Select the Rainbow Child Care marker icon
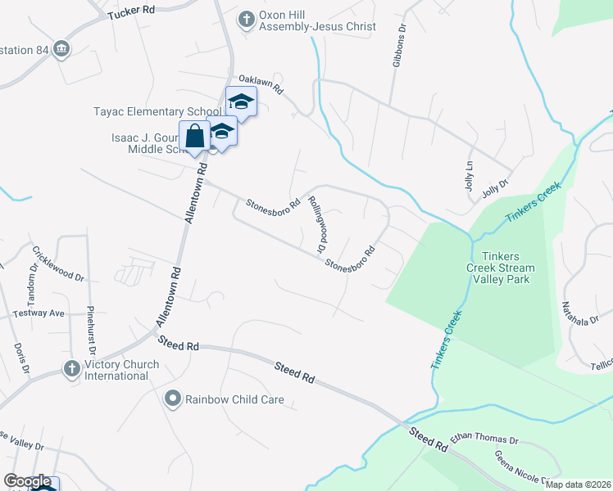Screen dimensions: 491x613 pos(172,399)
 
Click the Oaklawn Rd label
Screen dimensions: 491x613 pos(260,84)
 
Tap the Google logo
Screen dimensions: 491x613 pos(26,482)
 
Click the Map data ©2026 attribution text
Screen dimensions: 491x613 pos(579,484)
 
